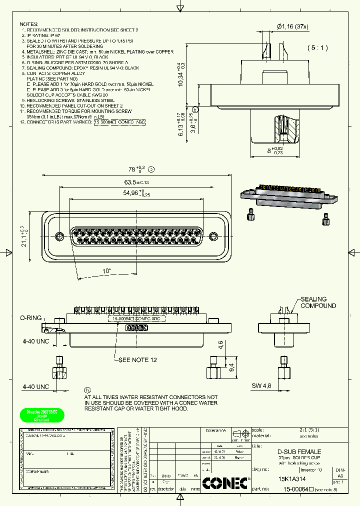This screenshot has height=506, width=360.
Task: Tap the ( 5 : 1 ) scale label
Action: tap(317, 48)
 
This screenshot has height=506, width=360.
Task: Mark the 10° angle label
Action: tap(106, 270)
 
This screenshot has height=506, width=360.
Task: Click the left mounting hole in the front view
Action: tap(59, 235)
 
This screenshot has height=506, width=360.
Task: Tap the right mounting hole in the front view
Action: tap(214, 235)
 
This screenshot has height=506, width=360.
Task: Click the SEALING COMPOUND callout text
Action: tap(318, 302)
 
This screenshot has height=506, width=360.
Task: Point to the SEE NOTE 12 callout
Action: tap(139, 360)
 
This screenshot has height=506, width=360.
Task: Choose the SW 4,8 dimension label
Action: tap(260, 386)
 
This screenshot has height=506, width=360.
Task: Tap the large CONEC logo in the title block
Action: tap(225, 482)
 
